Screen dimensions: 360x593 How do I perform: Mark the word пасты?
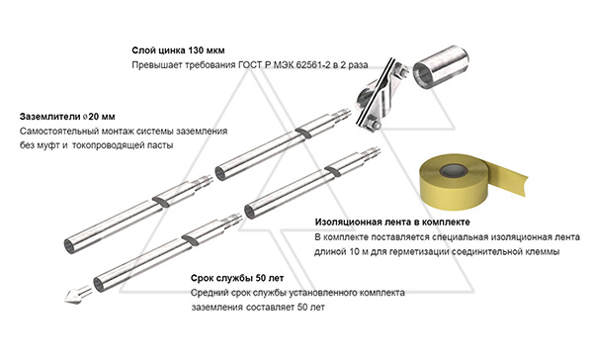[175, 145]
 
